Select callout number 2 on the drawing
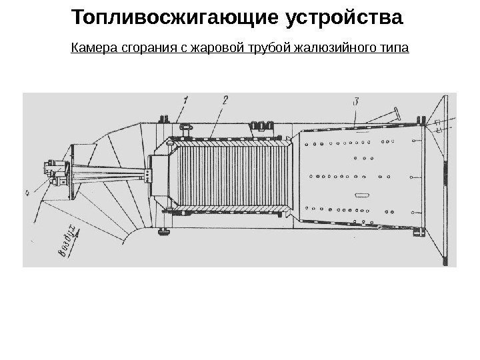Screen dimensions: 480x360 (225, 100)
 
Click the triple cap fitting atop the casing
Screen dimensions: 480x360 (262, 123)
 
